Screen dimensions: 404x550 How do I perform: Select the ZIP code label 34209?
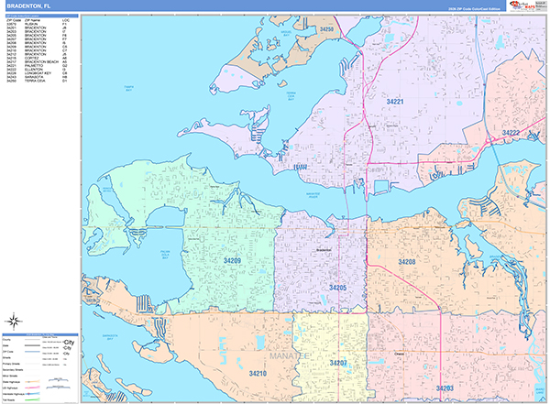point(232,261)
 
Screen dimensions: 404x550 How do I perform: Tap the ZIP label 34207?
point(338,364)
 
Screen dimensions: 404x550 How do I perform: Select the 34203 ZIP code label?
point(445,388)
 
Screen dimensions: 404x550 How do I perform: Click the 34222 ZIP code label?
point(511,133)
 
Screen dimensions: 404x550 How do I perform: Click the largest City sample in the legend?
point(67,342)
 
